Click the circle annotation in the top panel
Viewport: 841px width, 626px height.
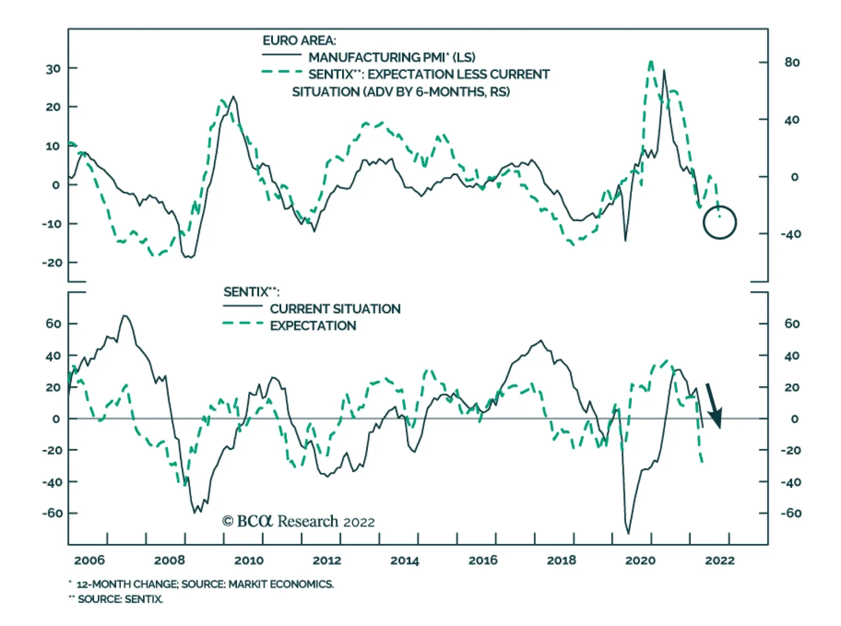[x=720, y=222]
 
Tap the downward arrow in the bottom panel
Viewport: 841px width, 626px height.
[x=713, y=406]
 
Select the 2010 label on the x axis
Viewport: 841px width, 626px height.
[x=249, y=560]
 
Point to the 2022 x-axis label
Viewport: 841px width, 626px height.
[x=719, y=560]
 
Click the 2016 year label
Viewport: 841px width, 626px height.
[x=483, y=560]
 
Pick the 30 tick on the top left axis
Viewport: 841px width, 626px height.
[x=53, y=69]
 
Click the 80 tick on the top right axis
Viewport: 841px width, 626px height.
[x=792, y=63]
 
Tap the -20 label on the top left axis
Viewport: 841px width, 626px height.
[x=52, y=263]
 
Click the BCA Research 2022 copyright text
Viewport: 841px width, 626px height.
[x=299, y=521]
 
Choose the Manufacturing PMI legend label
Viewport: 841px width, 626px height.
[x=392, y=57]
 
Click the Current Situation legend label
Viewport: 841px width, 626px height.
[x=335, y=309]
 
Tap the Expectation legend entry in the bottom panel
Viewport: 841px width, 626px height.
[x=313, y=326]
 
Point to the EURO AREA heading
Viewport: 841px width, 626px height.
[x=299, y=40]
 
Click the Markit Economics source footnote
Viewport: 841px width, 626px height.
[x=204, y=584]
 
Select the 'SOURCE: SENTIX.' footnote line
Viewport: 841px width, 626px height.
[x=120, y=599]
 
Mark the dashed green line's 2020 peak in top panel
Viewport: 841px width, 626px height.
[x=651, y=62]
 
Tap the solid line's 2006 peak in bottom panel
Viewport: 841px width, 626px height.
[x=125, y=316]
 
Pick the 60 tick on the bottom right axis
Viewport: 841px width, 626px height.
[x=792, y=324]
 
